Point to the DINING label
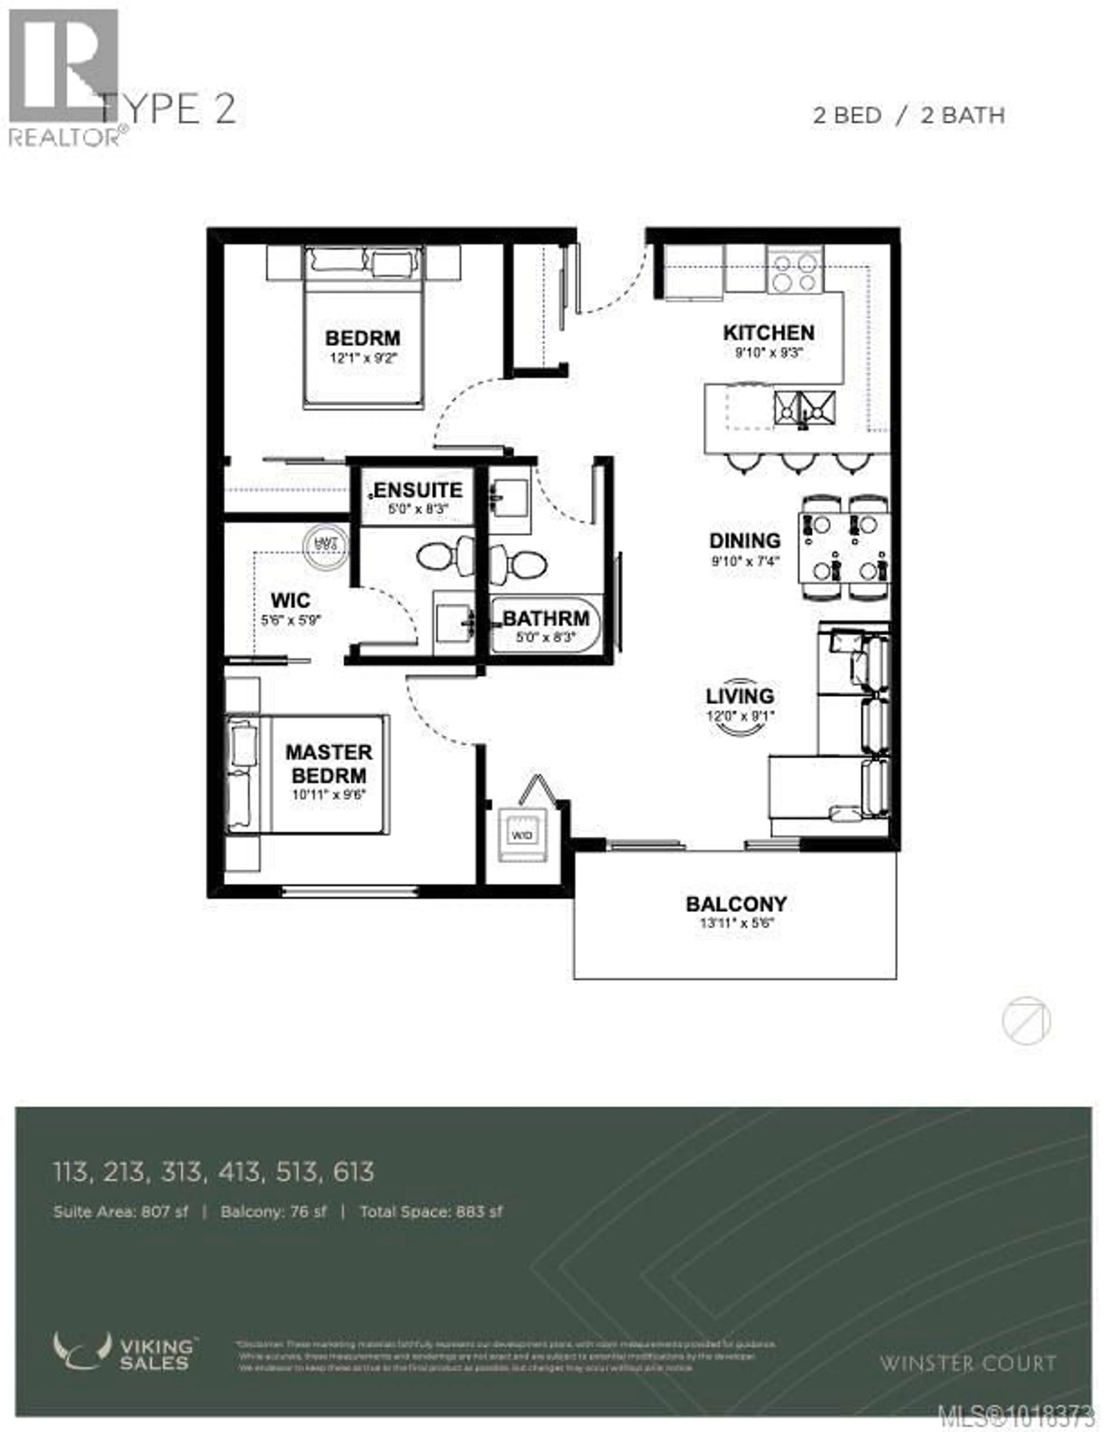click(744, 541)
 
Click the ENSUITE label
click(418, 490)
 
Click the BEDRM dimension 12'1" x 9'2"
click(363, 358)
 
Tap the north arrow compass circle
click(1026, 1021)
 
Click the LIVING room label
click(740, 696)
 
